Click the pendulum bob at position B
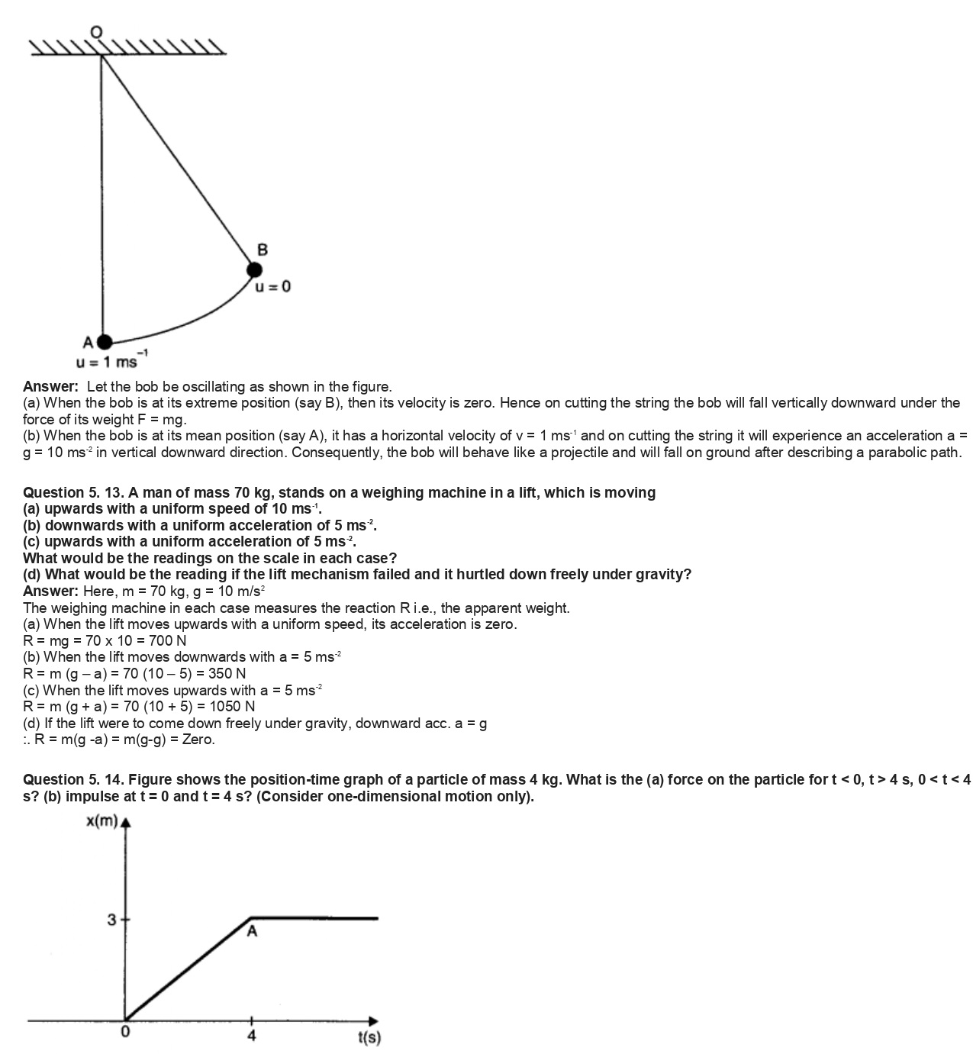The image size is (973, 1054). (x=254, y=269)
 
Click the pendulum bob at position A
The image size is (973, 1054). (x=104, y=342)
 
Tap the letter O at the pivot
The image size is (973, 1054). (x=95, y=31)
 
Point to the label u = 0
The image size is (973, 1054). (x=272, y=287)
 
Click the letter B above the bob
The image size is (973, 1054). (x=263, y=250)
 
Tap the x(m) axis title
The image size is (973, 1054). (x=101, y=821)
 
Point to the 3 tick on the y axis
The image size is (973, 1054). (x=112, y=920)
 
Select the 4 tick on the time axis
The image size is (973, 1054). (x=252, y=1036)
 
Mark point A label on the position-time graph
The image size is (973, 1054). (x=252, y=931)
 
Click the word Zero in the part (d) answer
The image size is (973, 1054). (x=198, y=740)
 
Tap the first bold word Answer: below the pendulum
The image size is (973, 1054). (x=50, y=386)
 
